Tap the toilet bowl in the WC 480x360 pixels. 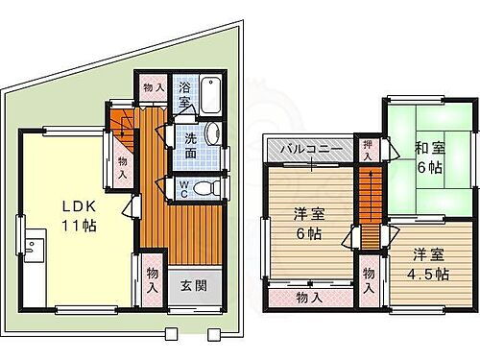(203, 190)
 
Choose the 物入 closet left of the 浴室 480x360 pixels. (151, 87)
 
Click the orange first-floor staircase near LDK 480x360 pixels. (122, 123)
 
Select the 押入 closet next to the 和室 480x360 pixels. (369, 149)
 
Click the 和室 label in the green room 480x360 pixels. (427, 148)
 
